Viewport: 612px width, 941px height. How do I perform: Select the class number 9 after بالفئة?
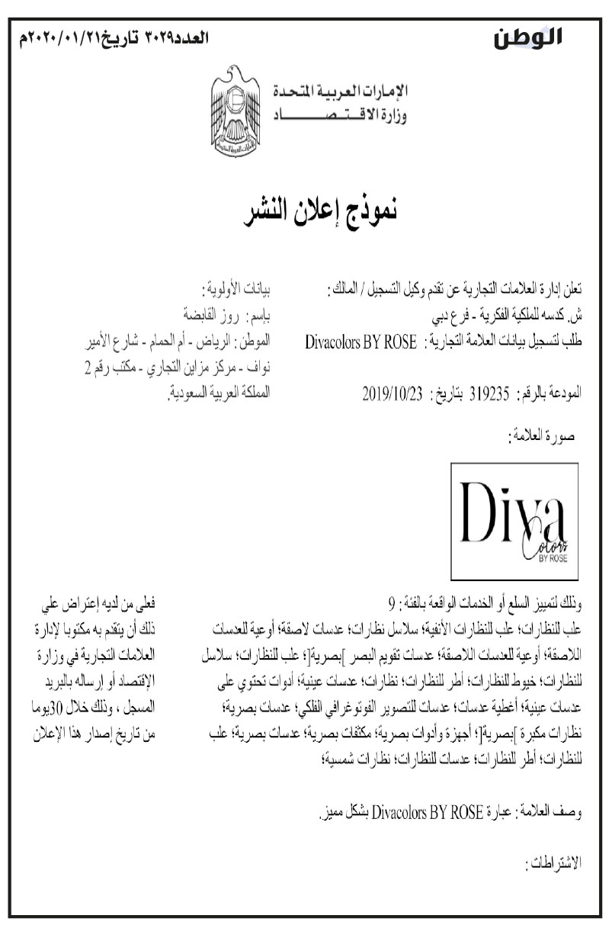pyautogui.click(x=393, y=608)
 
